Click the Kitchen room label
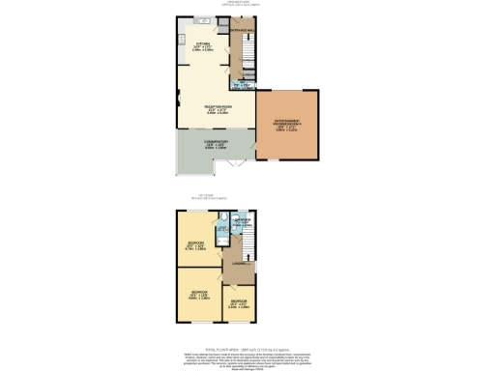tap(203, 44)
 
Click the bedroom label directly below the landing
tap(239, 302)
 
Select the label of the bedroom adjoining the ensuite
tap(195, 243)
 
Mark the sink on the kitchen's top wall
tap(205, 21)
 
